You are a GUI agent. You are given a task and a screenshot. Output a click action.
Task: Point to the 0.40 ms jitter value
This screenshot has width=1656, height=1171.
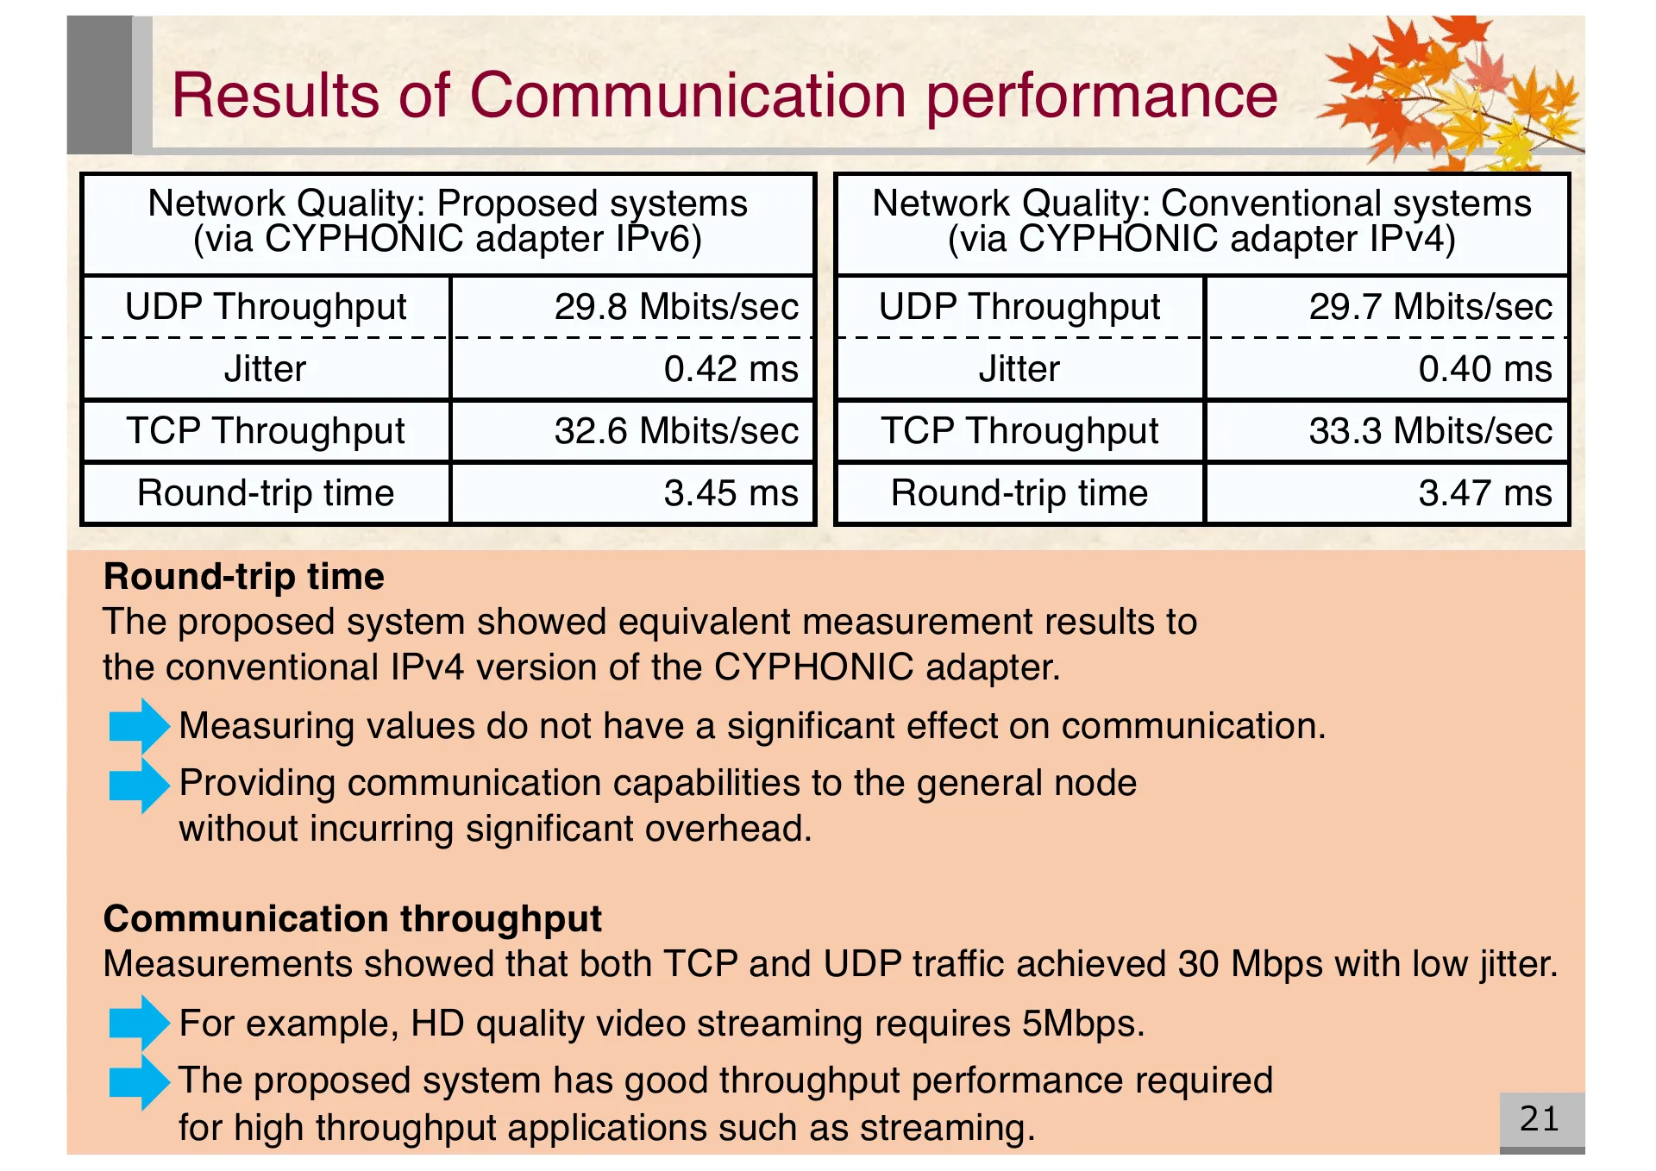pos(1484,369)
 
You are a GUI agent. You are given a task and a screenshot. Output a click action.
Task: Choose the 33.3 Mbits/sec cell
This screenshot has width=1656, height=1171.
pos(1430,431)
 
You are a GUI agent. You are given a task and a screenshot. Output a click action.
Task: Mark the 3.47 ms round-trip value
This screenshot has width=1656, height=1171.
pos(1484,493)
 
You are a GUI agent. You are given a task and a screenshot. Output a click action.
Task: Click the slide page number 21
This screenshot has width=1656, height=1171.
pos(1540,1119)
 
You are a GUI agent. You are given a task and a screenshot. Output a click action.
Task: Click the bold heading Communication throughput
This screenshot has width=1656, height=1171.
pos(352,919)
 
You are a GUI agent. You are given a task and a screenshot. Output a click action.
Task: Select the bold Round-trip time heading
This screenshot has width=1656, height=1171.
pos(243,577)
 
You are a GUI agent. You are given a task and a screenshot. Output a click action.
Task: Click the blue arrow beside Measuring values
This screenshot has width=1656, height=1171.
pos(138,726)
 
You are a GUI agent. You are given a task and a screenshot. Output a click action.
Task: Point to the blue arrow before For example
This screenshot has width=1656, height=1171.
pos(138,1024)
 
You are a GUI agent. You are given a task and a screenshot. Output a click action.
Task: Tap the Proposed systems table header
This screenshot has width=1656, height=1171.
pos(448,222)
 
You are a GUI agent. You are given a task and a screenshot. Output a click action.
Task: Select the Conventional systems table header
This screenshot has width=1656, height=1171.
pos(1201,222)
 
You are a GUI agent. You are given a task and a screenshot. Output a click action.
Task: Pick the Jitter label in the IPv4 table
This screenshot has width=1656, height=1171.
pos(1019,369)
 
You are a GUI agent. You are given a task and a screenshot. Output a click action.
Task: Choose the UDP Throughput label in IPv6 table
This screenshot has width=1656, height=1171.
pos(266,307)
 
